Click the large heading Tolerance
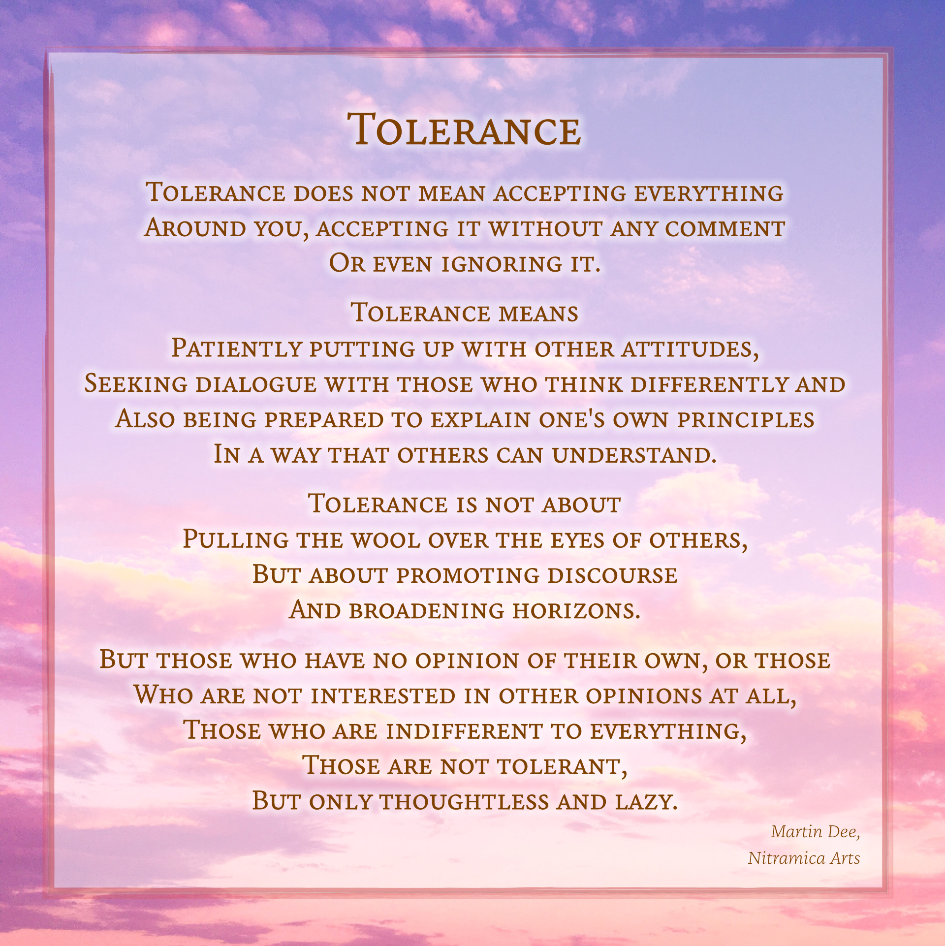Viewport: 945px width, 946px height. click(464, 129)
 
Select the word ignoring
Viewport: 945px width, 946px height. click(502, 264)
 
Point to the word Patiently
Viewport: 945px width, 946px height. click(236, 348)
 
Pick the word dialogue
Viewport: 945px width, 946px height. click(256, 384)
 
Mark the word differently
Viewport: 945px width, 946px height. click(710, 384)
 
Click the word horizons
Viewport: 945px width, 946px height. click(576, 611)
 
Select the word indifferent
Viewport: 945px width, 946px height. click(464, 731)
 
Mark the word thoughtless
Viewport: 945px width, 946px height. click(464, 802)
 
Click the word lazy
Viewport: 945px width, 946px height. click(646, 802)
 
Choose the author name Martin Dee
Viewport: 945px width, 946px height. click(816, 832)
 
